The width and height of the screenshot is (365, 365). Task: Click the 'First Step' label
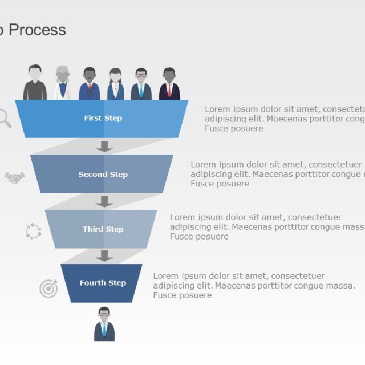(x=103, y=119)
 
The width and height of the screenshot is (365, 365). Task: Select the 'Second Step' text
(x=103, y=175)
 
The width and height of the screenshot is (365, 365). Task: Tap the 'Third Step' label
(x=103, y=229)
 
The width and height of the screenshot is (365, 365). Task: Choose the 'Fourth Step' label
(x=103, y=283)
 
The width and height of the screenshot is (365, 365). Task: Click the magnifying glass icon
(x=4, y=118)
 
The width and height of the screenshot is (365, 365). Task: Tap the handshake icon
(x=15, y=178)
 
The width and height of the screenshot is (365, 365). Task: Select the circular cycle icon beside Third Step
(x=34, y=231)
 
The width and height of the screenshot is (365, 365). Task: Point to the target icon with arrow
(x=48, y=289)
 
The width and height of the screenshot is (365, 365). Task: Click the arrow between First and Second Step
(x=104, y=147)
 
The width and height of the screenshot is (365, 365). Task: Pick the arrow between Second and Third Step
(x=104, y=201)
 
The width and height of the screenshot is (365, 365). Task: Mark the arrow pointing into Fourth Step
(x=104, y=256)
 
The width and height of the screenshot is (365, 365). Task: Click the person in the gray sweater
(x=35, y=83)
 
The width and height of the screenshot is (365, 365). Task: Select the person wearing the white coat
(x=63, y=83)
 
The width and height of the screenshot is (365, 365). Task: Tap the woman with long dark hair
(x=116, y=84)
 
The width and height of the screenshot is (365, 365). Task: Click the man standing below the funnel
(x=104, y=325)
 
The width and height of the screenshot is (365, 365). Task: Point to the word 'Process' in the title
(x=38, y=30)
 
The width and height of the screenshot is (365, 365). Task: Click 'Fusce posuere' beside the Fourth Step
(x=182, y=295)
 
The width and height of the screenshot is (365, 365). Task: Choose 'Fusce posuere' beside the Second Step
(x=220, y=184)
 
